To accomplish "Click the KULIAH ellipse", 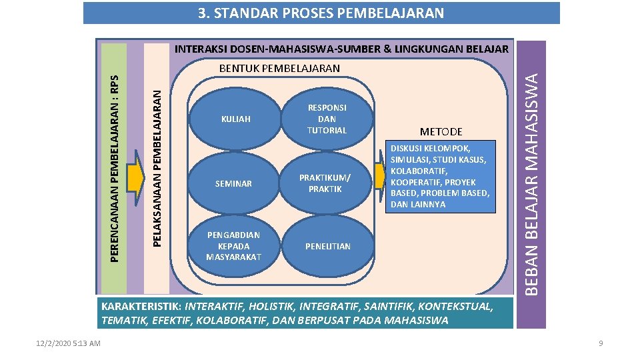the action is [234, 119].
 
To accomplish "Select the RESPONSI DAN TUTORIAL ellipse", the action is [327, 119].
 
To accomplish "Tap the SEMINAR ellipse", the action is [234, 183].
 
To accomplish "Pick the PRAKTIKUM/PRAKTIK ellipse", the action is [325, 183].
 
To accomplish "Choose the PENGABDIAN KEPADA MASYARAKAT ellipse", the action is [234, 246].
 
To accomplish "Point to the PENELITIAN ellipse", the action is [327, 247].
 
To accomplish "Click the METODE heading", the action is [441, 132].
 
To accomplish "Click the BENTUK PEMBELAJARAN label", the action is [279, 68].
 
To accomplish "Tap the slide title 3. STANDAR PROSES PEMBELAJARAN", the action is [321, 13].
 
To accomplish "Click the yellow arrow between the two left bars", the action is [136, 177].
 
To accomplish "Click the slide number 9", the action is [600, 343].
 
